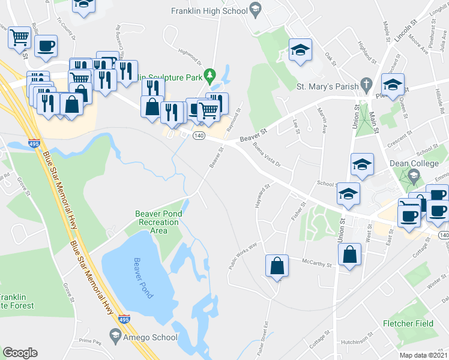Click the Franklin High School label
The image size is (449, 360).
tap(208, 11)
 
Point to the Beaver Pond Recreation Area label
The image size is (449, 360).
tap(158, 222)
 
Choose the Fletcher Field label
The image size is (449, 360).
tap(408, 323)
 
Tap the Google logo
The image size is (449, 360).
tap(20, 352)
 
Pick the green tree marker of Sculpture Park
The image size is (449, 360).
tap(209, 75)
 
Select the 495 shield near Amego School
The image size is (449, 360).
tap(124, 320)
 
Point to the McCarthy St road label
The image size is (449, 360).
tap(317, 263)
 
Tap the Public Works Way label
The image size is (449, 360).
tap(243, 254)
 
